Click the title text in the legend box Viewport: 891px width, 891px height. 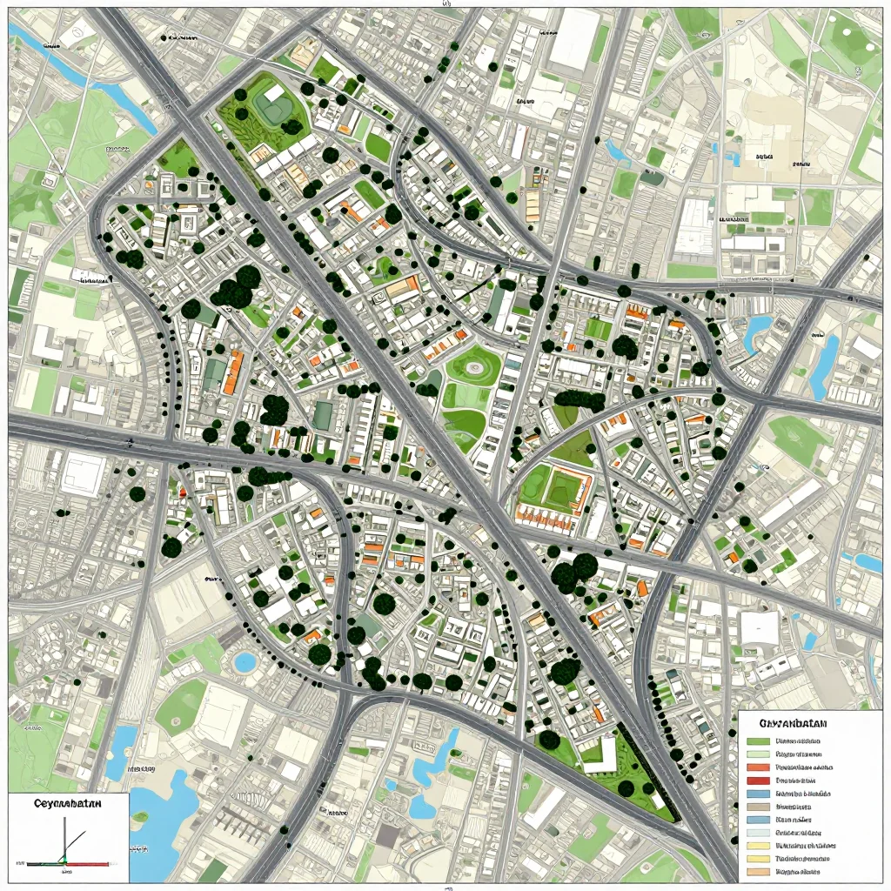click(x=793, y=724)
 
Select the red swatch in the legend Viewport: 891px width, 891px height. click(x=758, y=780)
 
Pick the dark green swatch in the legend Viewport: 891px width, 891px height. click(x=758, y=741)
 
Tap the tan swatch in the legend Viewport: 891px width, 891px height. click(x=758, y=807)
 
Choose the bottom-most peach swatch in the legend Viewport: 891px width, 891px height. click(x=758, y=872)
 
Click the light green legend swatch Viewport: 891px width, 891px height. click(x=758, y=754)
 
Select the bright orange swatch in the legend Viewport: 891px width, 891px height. click(x=758, y=767)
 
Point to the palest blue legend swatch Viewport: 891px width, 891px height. click(x=758, y=833)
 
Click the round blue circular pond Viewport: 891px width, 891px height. click(x=245, y=662)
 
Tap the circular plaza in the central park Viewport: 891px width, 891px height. click(x=475, y=368)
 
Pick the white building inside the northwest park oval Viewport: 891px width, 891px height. click(x=274, y=93)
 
